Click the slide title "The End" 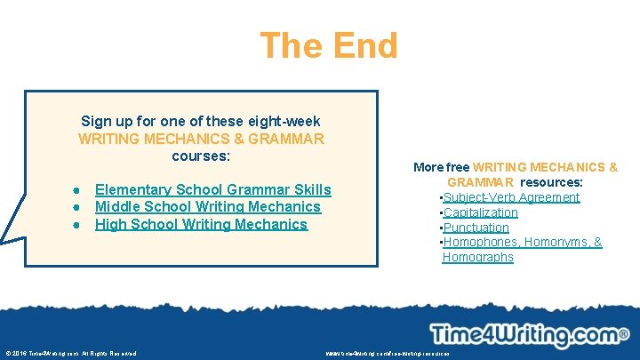328,45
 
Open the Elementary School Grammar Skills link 212,189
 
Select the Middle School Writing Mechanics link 207,206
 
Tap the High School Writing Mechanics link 201,224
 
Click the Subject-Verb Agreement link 511,197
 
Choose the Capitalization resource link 480,212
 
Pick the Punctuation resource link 476,228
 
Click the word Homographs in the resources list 477,257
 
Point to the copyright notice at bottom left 71,353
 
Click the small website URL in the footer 388,353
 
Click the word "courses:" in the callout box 201,156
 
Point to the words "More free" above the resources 442,167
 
